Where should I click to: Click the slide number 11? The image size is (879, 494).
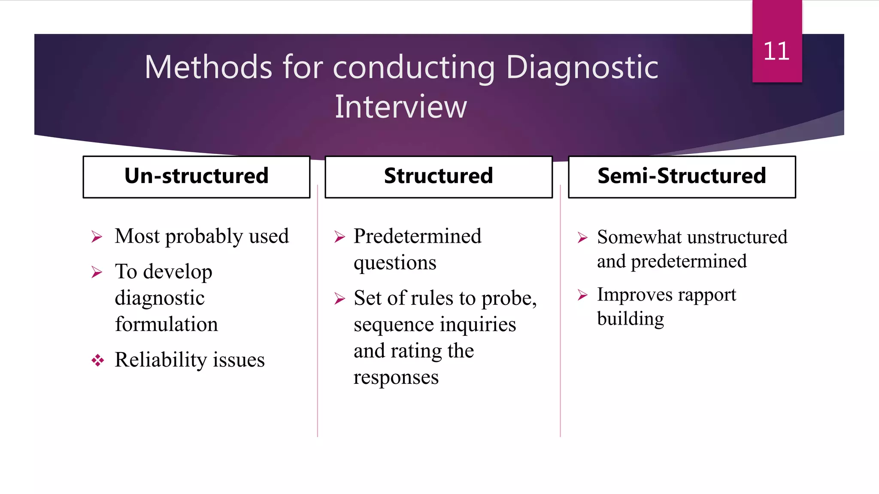coord(776,51)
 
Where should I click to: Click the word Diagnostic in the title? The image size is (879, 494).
coord(582,68)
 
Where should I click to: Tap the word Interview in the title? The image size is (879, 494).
coord(400,107)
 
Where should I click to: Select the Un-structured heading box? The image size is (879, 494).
coord(197,176)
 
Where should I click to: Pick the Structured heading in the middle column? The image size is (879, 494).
coord(438,176)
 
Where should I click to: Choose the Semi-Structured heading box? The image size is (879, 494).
coord(682,176)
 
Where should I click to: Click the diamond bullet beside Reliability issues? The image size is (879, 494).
coord(97,360)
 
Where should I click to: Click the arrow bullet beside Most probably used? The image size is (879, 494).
coord(97,237)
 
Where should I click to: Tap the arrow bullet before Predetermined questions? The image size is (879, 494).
coord(339,237)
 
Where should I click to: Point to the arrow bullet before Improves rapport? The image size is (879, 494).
coord(582,295)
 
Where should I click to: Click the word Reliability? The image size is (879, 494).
coord(161,360)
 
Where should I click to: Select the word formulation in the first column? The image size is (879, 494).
coord(167,324)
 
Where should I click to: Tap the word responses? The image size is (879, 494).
coord(396,377)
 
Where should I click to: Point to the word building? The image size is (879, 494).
coord(630,319)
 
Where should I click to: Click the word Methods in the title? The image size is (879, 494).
coord(209,68)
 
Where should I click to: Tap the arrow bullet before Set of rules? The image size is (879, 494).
coord(339,298)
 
